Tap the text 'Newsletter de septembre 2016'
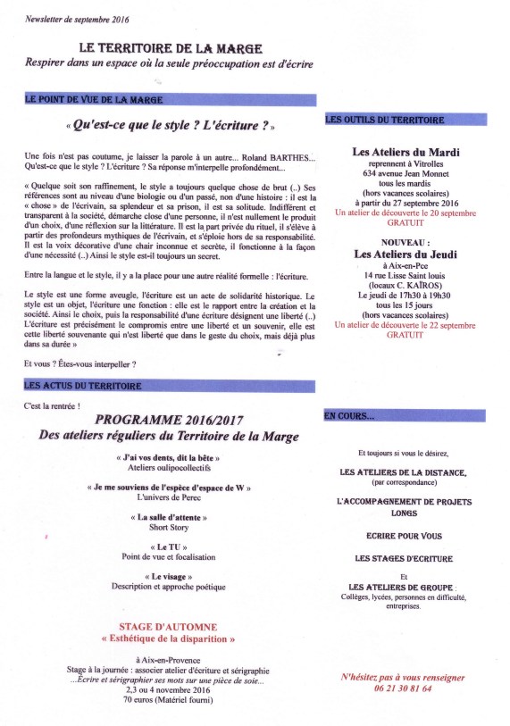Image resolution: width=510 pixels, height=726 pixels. click(64, 17)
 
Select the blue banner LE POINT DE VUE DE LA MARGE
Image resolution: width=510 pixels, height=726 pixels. click(170, 101)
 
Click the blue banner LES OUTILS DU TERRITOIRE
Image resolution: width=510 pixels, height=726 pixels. click(406, 120)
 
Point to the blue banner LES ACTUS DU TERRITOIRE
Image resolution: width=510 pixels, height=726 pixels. click(170, 386)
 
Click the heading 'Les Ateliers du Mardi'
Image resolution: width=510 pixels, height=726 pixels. click(406, 153)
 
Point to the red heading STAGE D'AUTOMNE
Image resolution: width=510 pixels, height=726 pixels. click(168, 627)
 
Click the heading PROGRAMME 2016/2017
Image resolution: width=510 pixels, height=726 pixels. click(168, 420)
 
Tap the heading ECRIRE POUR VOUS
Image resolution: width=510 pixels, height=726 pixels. click(405, 536)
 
